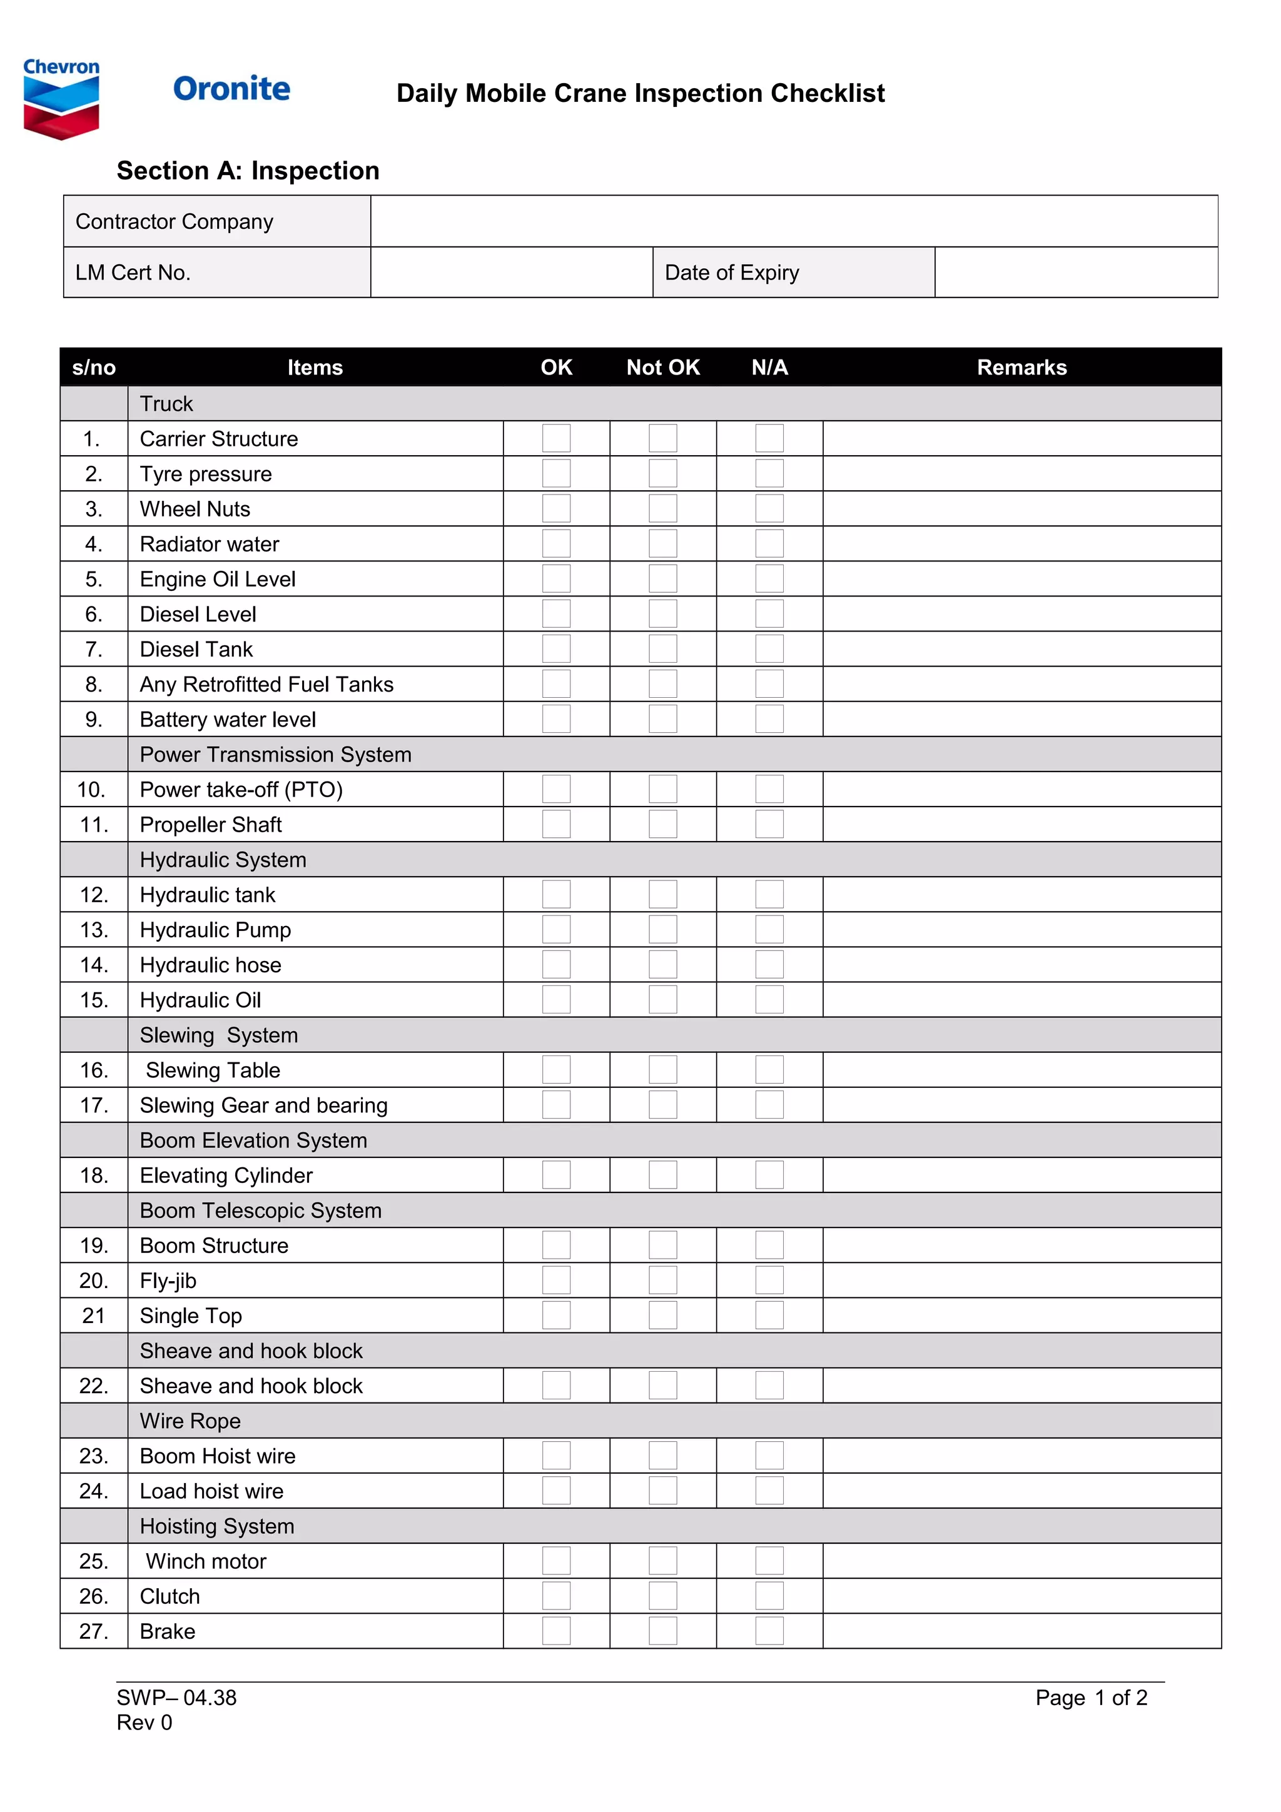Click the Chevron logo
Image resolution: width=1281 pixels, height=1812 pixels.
coord(61,99)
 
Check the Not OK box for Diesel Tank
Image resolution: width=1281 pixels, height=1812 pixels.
coord(662,649)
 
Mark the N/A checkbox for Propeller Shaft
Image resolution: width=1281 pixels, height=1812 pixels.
coord(769,824)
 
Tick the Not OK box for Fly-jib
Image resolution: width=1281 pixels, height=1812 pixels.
coord(662,1280)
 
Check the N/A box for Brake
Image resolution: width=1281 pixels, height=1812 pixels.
coord(769,1631)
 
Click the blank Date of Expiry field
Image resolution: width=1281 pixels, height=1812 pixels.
coord(1076,272)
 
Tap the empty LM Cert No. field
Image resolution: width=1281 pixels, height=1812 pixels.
coord(512,272)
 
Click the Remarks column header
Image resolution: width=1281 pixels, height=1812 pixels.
coord(1021,367)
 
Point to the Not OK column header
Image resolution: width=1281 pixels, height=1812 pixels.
coord(662,367)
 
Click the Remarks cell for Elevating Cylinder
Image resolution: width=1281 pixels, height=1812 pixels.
coord(1021,1175)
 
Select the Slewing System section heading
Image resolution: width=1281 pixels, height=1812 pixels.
coord(219,1035)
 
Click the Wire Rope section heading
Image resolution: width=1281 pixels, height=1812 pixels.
coord(190,1421)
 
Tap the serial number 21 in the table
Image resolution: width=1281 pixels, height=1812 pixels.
coord(93,1316)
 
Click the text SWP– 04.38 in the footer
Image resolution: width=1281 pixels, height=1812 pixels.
coord(177,1698)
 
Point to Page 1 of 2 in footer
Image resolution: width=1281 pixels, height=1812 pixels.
coord(1091,1698)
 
